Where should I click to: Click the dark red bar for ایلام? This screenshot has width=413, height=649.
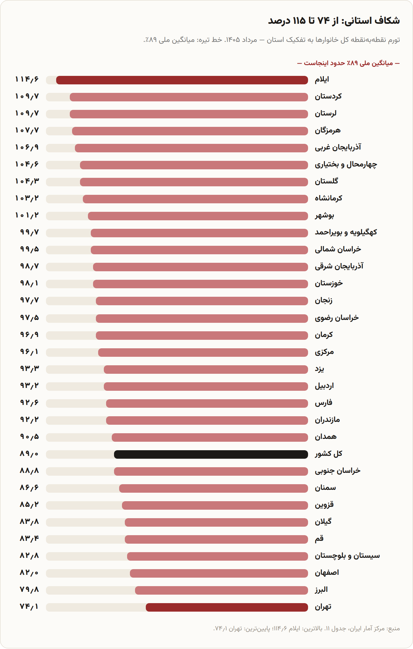pos(182,80)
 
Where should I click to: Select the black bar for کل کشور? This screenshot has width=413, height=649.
pos(211,454)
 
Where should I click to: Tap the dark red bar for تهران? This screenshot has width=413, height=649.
pos(227,607)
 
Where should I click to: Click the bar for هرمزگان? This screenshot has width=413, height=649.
pos(190,131)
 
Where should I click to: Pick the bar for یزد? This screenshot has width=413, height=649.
pos(206,370)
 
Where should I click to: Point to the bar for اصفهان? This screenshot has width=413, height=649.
pos(219,573)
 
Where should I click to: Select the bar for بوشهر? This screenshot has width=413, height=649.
pos(198,216)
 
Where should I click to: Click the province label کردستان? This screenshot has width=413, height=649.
pos(328,97)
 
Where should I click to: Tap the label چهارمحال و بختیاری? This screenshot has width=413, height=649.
pos(346,165)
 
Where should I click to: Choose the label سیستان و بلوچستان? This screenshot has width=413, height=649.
pos(347,556)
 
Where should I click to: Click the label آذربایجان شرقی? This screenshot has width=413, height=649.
pos(339,266)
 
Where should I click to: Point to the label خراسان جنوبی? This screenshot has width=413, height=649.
pos(338,471)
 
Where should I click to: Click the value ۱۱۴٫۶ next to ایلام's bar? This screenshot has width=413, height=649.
pos(27,79)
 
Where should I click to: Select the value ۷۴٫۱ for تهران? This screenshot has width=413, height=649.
pos(29,607)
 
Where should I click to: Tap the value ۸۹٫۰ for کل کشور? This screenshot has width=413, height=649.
pos(29,454)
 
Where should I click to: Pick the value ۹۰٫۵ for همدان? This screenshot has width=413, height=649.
pos(29,437)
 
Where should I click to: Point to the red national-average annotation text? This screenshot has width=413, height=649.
pos(348,63)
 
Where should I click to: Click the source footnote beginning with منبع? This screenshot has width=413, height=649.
pos(307,629)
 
